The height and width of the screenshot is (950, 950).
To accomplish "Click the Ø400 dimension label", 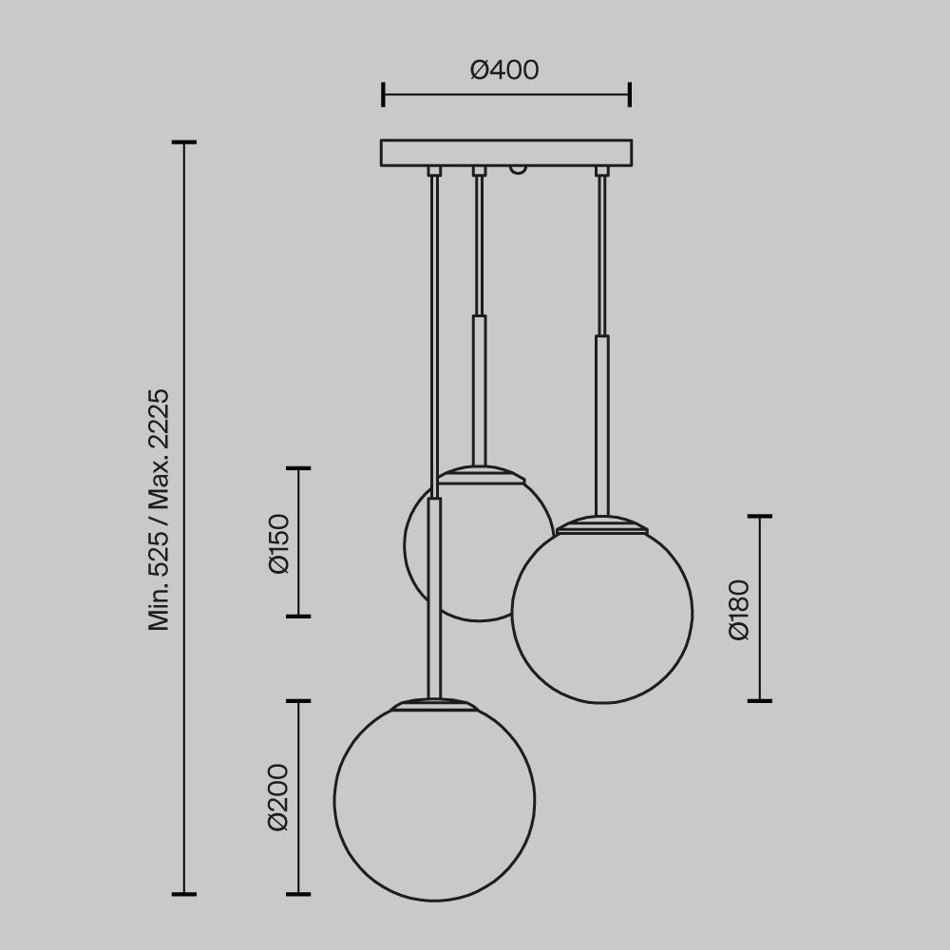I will (x=504, y=70).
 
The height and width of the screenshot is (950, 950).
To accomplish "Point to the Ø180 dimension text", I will (x=740, y=609).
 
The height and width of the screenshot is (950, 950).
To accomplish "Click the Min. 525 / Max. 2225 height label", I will (x=159, y=509).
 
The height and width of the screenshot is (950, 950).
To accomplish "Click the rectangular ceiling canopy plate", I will (x=506, y=153).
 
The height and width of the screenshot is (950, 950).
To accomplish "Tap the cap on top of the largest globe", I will (x=434, y=704).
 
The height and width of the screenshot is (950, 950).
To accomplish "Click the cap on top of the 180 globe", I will (x=602, y=524).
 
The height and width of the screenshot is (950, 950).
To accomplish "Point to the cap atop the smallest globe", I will (x=480, y=474).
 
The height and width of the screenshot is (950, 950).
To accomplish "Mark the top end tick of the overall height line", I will (x=183, y=142).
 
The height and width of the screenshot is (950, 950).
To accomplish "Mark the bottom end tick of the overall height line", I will (x=183, y=894).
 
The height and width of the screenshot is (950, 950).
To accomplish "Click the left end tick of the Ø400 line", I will (x=383, y=94).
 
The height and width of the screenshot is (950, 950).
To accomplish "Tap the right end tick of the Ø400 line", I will (x=630, y=94).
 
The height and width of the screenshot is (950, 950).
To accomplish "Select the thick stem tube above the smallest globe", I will (x=480, y=389).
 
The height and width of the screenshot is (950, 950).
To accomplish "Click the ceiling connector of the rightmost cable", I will (x=601, y=171).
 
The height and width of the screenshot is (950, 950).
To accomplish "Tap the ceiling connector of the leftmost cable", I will (x=434, y=171).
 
